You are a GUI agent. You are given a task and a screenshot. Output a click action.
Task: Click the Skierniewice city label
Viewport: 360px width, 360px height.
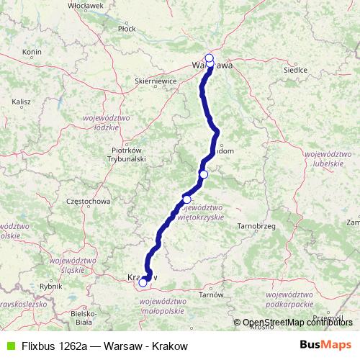[156, 82]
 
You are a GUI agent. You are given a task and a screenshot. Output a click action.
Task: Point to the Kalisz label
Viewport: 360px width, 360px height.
[22, 102]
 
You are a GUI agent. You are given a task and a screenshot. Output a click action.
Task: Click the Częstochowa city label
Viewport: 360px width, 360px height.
[86, 202]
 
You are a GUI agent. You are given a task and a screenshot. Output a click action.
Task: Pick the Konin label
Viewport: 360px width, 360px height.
[32, 52]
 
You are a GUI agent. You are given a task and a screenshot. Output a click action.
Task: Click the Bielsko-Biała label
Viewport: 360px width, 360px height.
[85, 318]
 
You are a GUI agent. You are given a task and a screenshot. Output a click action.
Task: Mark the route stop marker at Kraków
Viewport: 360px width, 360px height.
[143, 283]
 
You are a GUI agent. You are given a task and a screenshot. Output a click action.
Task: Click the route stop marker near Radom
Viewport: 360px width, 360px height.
[204, 174]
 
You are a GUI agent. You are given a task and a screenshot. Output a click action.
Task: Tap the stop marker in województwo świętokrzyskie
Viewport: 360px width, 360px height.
[187, 199]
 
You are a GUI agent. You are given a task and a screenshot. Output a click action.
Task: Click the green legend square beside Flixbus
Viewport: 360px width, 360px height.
[9, 346]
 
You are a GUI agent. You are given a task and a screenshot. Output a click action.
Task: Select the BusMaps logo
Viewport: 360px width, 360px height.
[330, 346]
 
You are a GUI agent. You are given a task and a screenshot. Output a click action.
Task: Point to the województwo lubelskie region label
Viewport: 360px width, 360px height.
[328, 159]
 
